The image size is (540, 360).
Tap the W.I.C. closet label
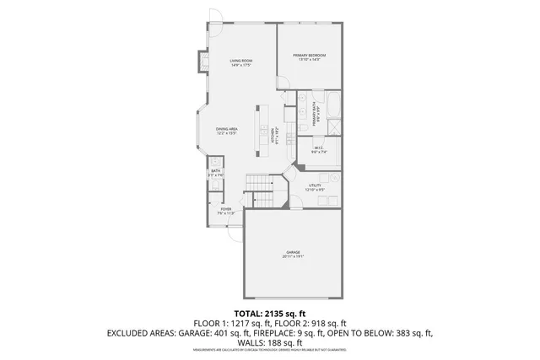[318, 151]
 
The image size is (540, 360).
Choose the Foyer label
[226, 211]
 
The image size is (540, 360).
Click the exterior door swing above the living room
[215, 17]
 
